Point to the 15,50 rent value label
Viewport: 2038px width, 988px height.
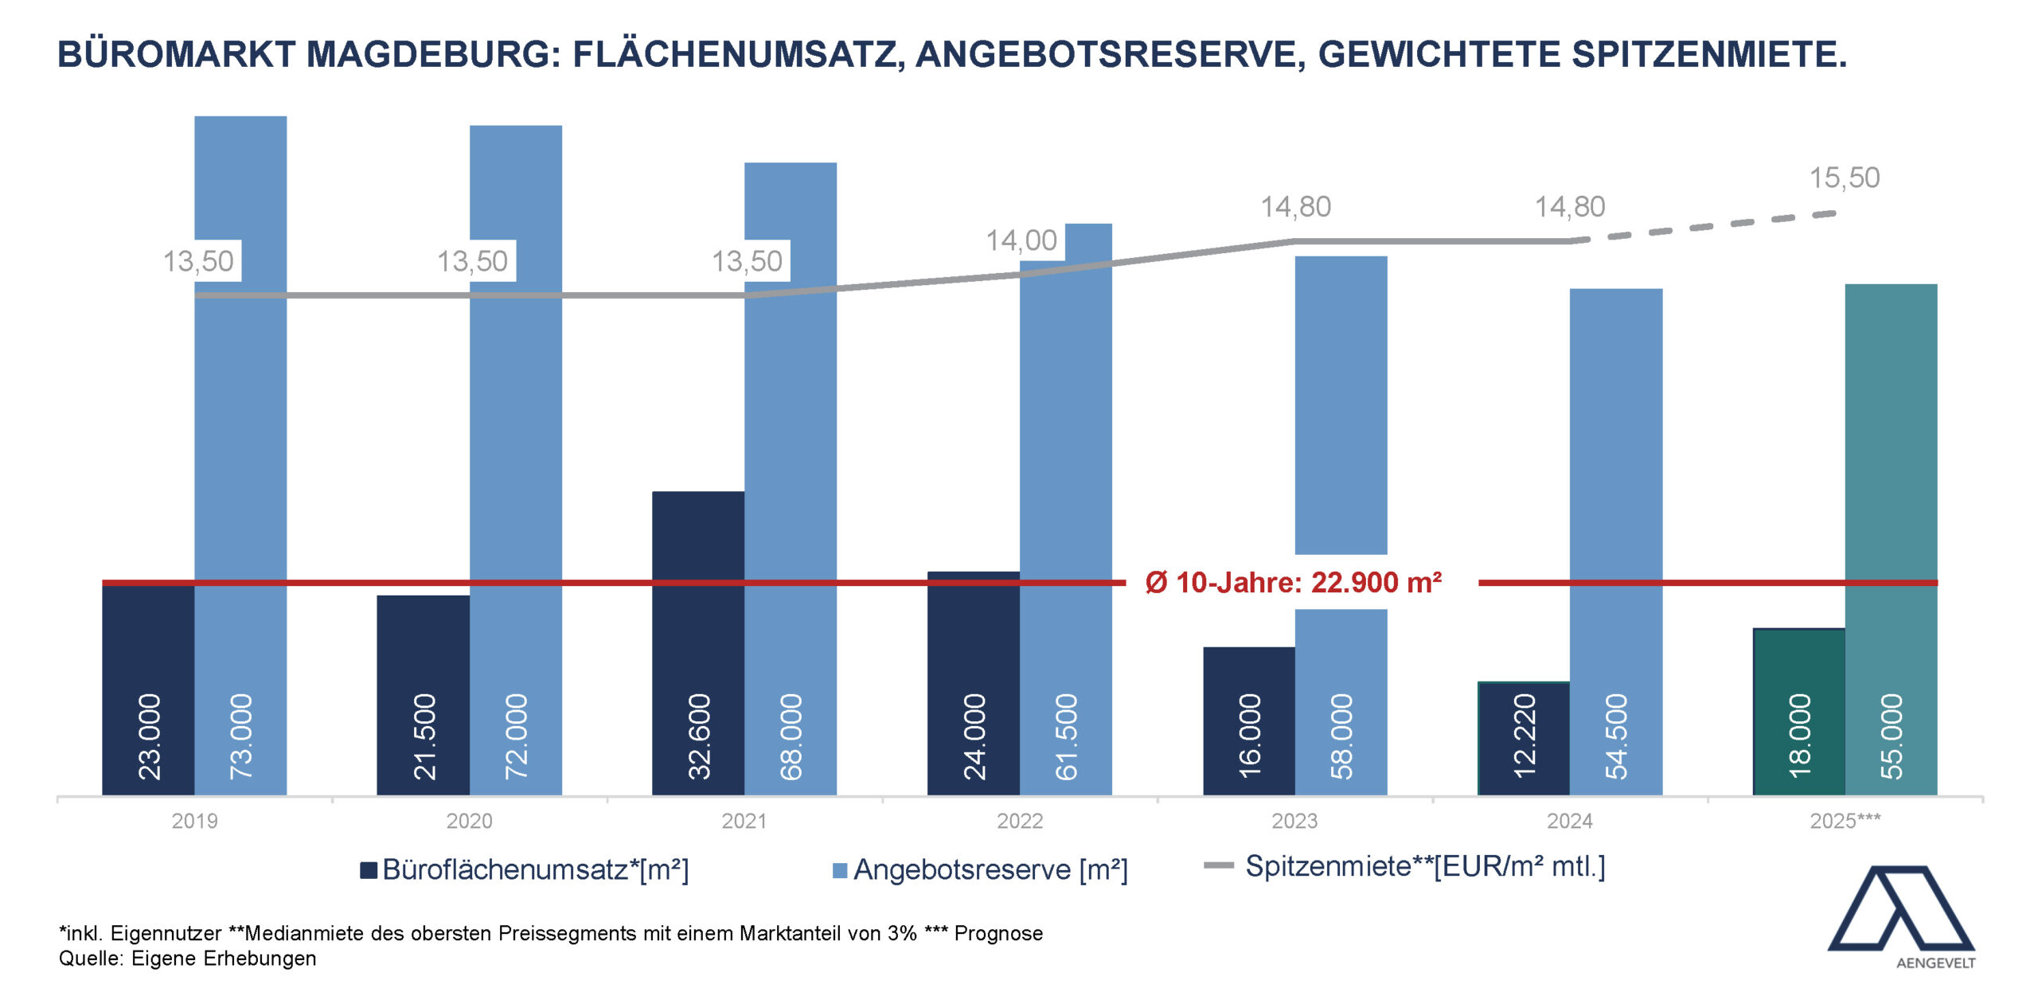1845,178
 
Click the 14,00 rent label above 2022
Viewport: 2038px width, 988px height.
1021,240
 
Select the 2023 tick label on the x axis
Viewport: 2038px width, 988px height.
1294,821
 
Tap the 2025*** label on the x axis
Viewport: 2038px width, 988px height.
1845,821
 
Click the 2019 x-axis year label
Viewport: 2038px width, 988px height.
194,821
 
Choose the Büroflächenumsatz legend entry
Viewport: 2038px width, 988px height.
525,869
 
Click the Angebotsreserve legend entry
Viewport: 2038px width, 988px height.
981,869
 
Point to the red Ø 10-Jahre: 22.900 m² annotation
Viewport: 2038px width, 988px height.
1294,583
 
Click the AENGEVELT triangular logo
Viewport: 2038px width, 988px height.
1901,912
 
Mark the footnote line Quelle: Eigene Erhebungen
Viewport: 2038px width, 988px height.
188,959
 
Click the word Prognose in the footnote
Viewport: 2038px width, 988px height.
998,933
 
